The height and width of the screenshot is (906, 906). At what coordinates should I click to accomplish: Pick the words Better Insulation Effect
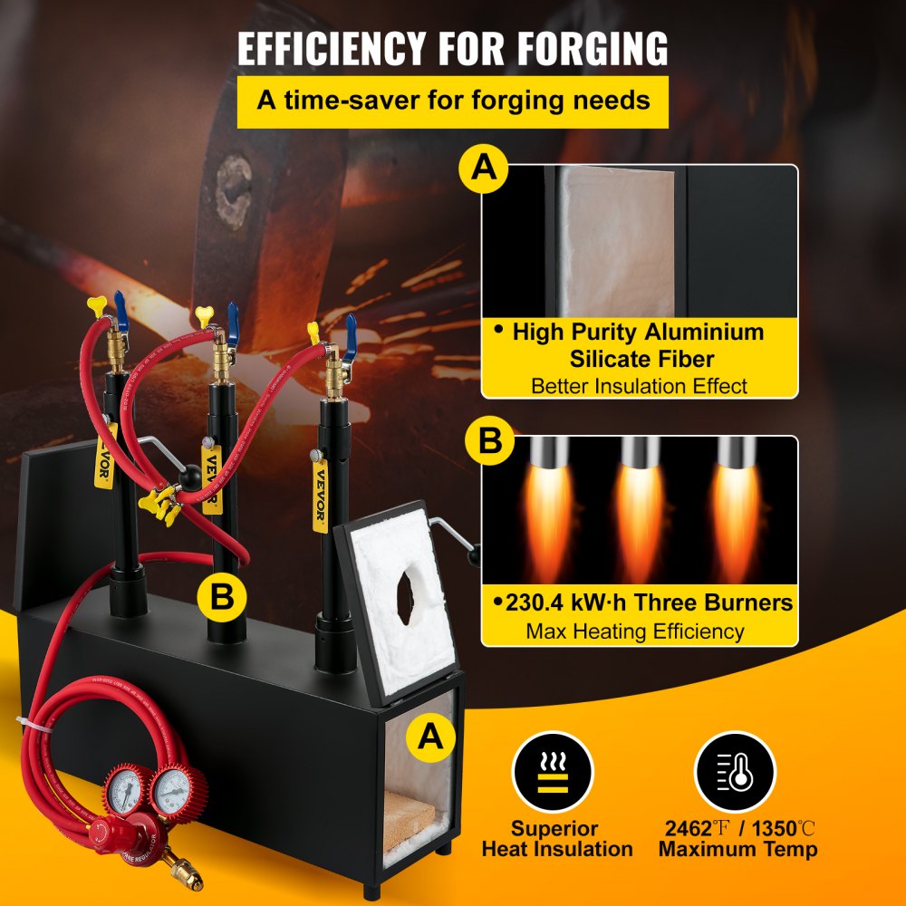point(639,385)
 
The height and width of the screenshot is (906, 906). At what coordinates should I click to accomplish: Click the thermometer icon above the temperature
point(735,773)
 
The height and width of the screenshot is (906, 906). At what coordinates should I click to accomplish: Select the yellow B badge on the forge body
point(223,597)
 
